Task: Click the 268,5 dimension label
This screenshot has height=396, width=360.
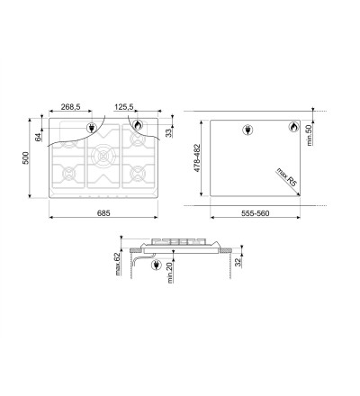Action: pos(71,107)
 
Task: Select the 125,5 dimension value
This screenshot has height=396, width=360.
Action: pos(123,107)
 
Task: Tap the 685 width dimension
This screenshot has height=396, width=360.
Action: pos(103,213)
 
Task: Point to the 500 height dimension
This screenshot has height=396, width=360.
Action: pos(26,158)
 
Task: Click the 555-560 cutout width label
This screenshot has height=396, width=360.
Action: pos(256,213)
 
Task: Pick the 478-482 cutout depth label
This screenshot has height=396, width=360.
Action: pos(197,158)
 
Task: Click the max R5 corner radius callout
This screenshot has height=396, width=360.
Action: pos(286,177)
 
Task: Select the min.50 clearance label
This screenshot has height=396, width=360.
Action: pos(310,135)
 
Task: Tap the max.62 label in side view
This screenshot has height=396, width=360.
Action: pos(117,264)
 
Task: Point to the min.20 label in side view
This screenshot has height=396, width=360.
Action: pos(170,272)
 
